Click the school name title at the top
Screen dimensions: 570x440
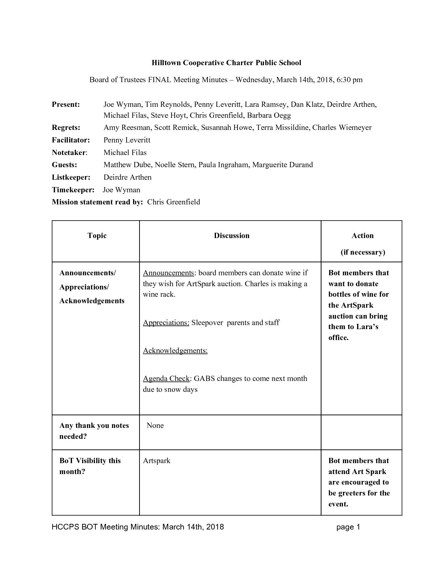click(226, 63)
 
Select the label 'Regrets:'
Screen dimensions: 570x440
click(66, 128)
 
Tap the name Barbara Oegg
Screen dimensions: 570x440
click(269, 115)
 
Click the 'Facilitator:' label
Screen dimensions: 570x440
click(71, 140)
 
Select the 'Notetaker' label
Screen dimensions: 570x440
click(69, 153)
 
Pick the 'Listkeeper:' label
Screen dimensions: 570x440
click(71, 177)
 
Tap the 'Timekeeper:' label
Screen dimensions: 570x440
click(73, 190)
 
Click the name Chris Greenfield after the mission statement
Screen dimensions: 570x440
click(173, 202)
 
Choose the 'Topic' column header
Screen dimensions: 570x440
click(97, 236)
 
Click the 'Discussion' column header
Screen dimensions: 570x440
click(232, 236)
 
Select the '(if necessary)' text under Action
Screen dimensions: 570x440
click(363, 252)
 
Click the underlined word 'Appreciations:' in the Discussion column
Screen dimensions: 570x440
click(166, 323)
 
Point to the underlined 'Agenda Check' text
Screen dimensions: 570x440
click(166, 379)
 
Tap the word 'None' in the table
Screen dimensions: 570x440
click(155, 425)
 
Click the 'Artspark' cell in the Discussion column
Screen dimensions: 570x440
click(157, 461)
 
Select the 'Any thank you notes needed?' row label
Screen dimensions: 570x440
click(94, 431)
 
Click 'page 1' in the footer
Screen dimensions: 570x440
click(348, 527)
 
